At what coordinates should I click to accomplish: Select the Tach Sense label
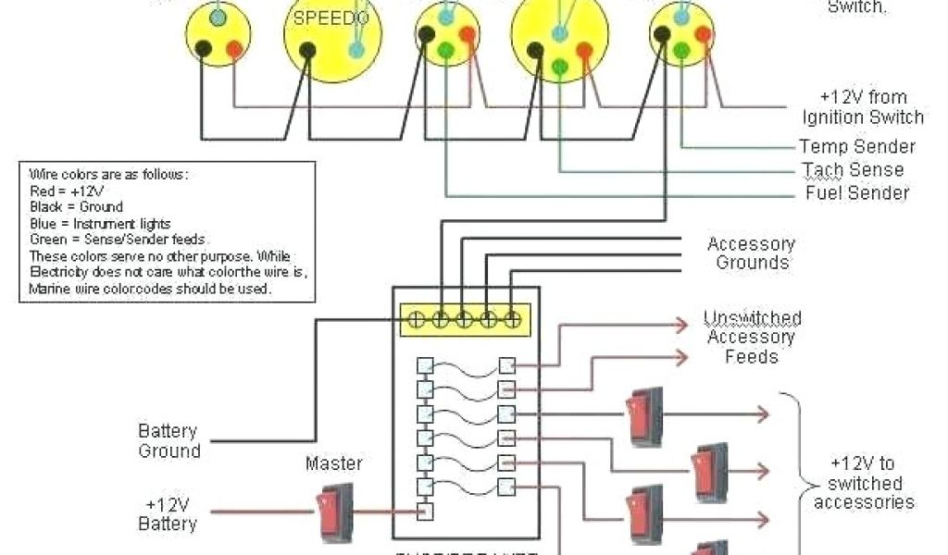click(x=852, y=170)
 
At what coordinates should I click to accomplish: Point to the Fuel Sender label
click(x=857, y=193)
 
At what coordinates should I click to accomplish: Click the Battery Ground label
click(x=169, y=441)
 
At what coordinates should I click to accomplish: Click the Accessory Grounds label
click(x=751, y=253)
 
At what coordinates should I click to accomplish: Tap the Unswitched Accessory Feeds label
click(x=752, y=337)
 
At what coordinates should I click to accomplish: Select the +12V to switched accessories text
click(x=864, y=483)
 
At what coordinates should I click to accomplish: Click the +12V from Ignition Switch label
click(x=863, y=107)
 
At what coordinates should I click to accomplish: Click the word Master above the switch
click(x=334, y=462)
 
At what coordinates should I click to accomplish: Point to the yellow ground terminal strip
click(x=464, y=318)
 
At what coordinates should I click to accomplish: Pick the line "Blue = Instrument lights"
click(x=100, y=223)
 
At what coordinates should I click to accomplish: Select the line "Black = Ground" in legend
click(x=76, y=206)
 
